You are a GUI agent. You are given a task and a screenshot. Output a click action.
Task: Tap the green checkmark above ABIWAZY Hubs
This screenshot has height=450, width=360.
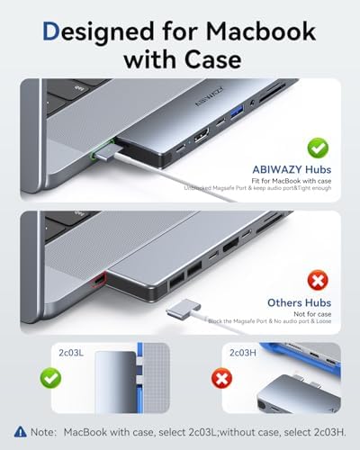point(317,147)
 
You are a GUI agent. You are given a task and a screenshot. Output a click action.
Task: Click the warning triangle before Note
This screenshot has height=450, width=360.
point(21,430)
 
